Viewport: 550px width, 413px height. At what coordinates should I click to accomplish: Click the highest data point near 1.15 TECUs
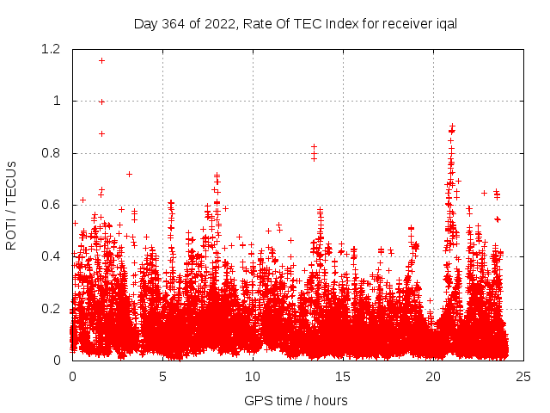101,60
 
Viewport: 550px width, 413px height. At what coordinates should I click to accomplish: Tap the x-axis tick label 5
162,376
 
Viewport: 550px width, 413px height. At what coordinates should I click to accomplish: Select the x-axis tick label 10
253,376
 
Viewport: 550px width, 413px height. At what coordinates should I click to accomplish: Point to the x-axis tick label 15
343,376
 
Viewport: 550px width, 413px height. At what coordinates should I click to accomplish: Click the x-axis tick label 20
433,376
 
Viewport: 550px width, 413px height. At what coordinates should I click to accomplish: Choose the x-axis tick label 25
523,376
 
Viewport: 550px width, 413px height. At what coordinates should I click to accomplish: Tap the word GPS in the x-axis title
257,400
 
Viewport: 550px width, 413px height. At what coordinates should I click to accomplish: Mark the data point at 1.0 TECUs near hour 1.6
101,102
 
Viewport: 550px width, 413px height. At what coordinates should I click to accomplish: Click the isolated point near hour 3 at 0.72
129,174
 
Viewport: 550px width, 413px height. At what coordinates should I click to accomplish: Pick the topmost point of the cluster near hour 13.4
315,147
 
